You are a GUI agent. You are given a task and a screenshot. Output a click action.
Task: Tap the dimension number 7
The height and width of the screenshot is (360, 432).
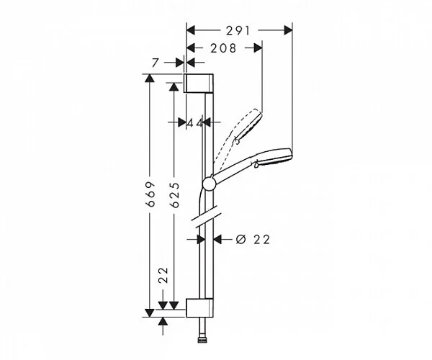click(155, 64)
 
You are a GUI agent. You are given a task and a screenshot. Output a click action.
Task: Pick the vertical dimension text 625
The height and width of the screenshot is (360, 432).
click(174, 195)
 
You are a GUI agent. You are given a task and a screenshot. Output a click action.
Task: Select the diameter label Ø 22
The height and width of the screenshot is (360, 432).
click(252, 240)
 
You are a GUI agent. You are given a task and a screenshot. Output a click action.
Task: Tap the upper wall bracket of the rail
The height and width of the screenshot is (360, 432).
click(199, 84)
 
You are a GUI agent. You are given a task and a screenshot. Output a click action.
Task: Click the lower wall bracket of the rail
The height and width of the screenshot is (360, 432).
click(199, 307)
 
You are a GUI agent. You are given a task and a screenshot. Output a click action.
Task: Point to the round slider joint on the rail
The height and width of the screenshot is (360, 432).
click(209, 184)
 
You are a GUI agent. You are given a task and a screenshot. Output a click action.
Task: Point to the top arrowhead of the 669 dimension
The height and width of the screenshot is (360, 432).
click(149, 78)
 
